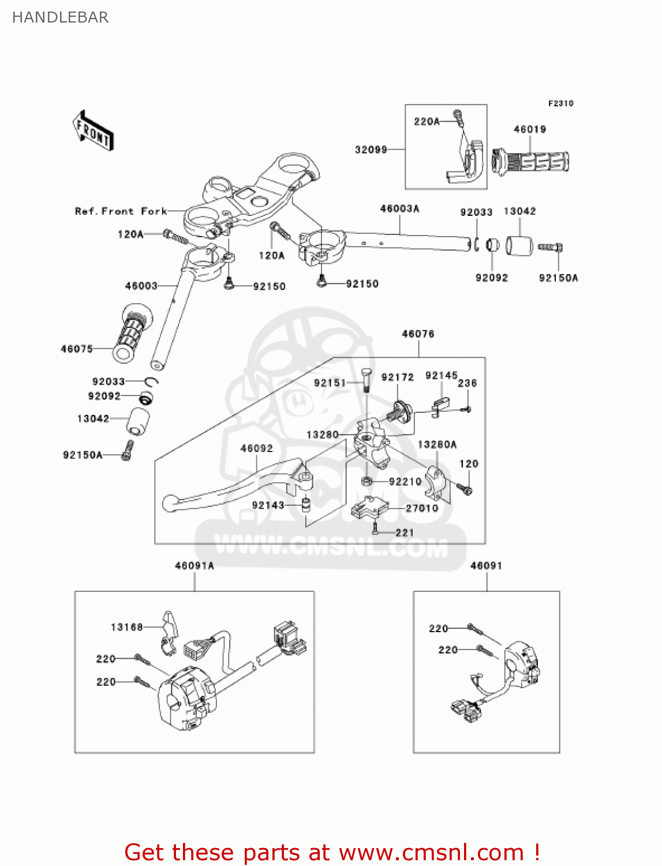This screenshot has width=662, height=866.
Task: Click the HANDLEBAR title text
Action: pos(60,17)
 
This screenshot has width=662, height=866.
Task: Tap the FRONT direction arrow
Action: pos(93,131)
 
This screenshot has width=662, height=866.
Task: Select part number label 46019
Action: pos(529,129)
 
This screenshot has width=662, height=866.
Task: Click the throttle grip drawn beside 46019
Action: pos(530,161)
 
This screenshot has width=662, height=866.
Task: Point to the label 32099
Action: pos(371,150)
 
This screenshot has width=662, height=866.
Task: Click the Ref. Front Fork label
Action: pos(121,211)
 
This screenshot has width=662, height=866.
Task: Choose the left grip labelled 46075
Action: pos(132,334)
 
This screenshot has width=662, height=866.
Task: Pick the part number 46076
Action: pos(418,334)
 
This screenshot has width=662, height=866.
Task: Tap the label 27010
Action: pos(422,508)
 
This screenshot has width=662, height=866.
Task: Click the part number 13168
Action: pos(126,627)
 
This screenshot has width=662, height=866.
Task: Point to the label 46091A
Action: pos(195,566)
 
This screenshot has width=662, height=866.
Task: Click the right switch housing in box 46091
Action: pos(522,664)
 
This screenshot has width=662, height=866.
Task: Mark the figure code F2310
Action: pos(560,103)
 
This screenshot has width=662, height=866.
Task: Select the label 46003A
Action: pos(399,208)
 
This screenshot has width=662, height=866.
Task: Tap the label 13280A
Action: pos(437,444)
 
